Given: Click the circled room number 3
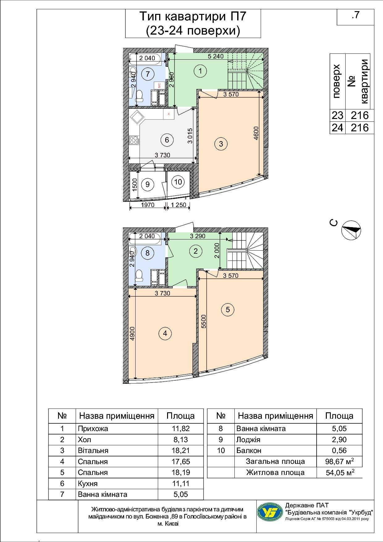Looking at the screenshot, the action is pos(221,144).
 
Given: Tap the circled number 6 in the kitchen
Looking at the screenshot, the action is pos(167,140).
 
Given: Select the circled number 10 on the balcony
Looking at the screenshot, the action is pos(178,182).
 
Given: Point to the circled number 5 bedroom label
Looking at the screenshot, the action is pos(228,309).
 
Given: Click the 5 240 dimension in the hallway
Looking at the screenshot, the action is pos(215,56).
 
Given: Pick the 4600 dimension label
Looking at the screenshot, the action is pos(256,133).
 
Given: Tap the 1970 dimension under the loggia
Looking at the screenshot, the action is pos(148,205).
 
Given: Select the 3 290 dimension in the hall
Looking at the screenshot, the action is pos(198,236).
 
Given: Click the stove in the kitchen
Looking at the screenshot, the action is pos(134,140).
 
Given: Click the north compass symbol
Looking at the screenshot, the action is pos(351,231).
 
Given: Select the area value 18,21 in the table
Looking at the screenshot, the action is pos(180,451).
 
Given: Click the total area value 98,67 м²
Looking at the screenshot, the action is pos(339,462).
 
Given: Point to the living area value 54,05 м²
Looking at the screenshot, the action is pos(339,472).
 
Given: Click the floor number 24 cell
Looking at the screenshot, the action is pos(337,128).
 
